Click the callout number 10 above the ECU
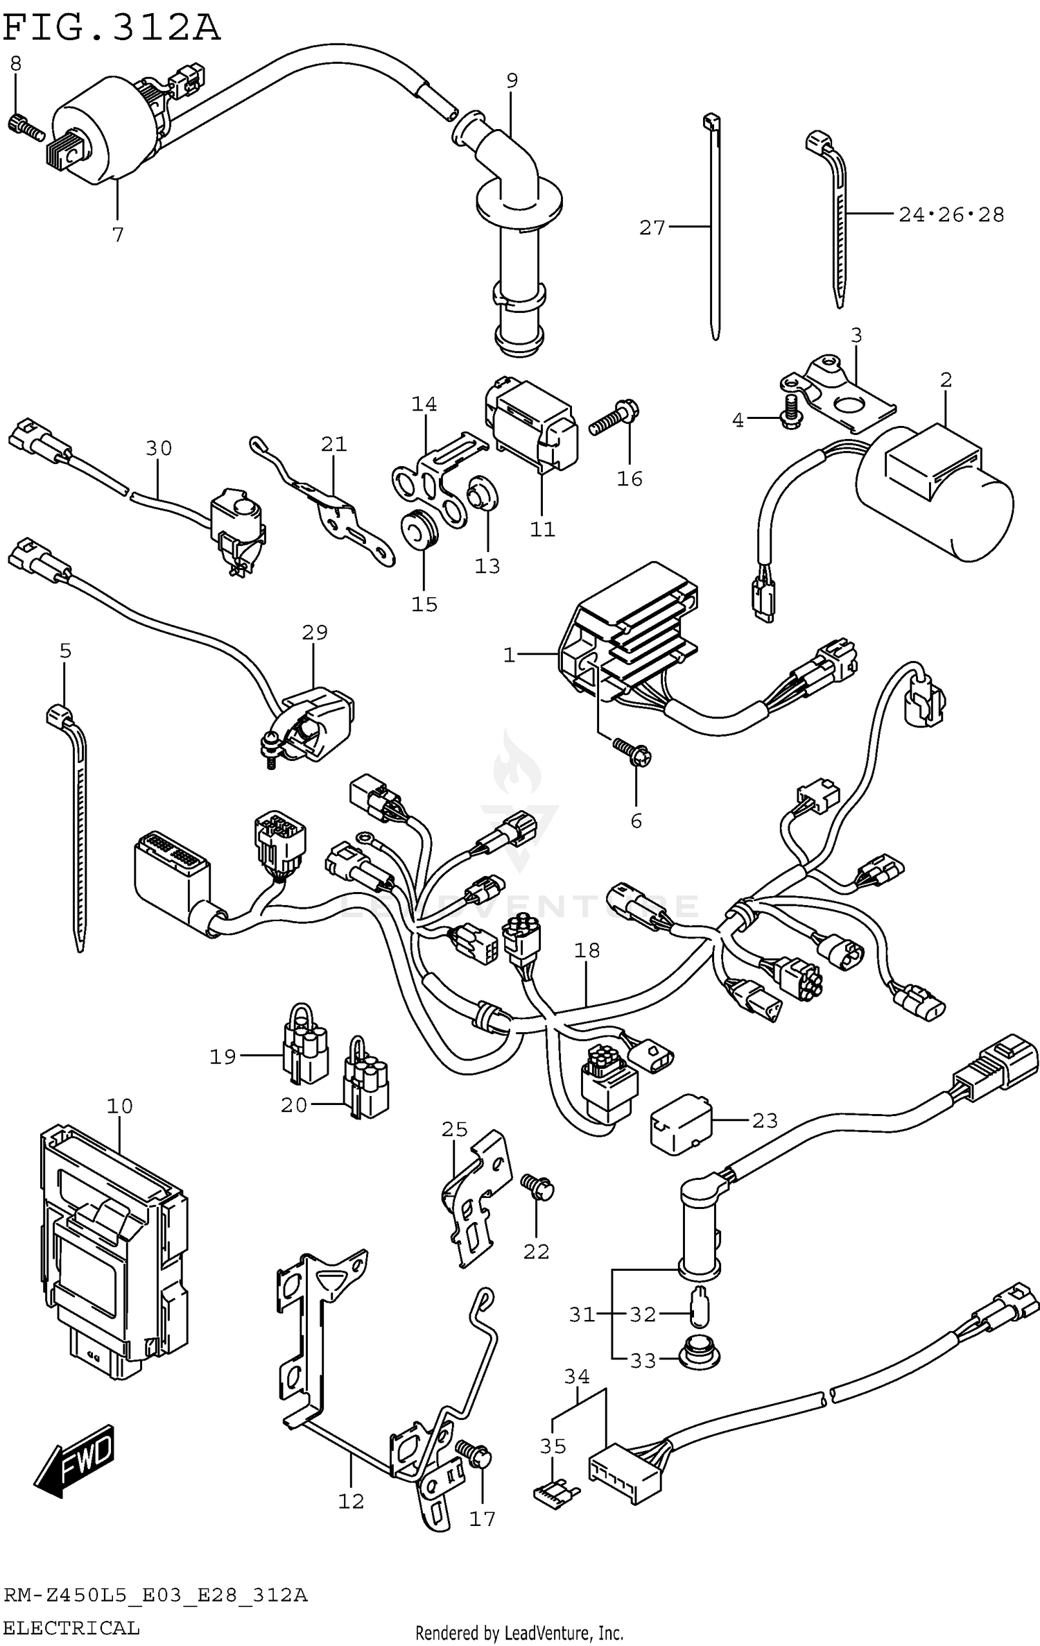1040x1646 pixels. (x=119, y=1106)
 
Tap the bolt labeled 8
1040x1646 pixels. (x=26, y=127)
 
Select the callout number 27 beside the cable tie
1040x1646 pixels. (x=651, y=228)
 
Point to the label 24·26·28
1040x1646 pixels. (x=951, y=215)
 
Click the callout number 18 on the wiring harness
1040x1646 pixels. (x=587, y=951)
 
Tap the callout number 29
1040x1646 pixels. (x=314, y=632)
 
